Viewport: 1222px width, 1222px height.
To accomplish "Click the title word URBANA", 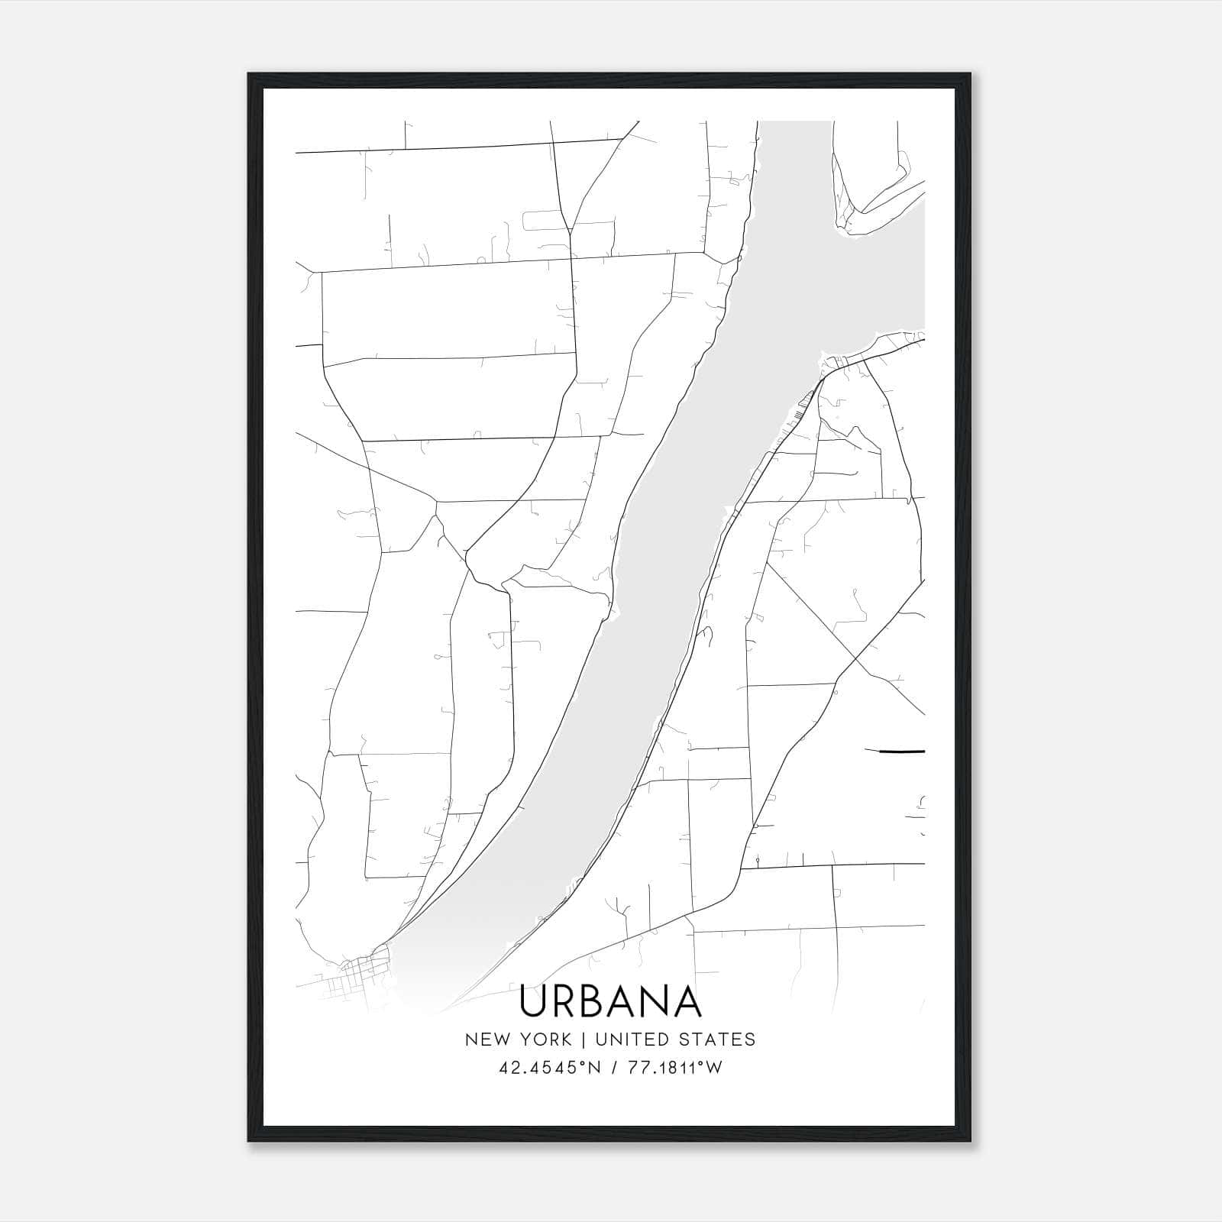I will tap(610, 1001).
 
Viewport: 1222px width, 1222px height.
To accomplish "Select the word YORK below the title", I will tap(545, 1039).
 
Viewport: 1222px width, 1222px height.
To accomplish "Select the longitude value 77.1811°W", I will tap(674, 1067).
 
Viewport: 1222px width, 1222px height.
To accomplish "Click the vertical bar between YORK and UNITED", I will tap(583, 1039).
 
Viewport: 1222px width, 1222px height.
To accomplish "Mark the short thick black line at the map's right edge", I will tap(902, 752).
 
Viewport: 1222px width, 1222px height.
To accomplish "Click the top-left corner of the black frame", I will tap(248, 74).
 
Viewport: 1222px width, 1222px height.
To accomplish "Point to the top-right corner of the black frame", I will tap(971, 74).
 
